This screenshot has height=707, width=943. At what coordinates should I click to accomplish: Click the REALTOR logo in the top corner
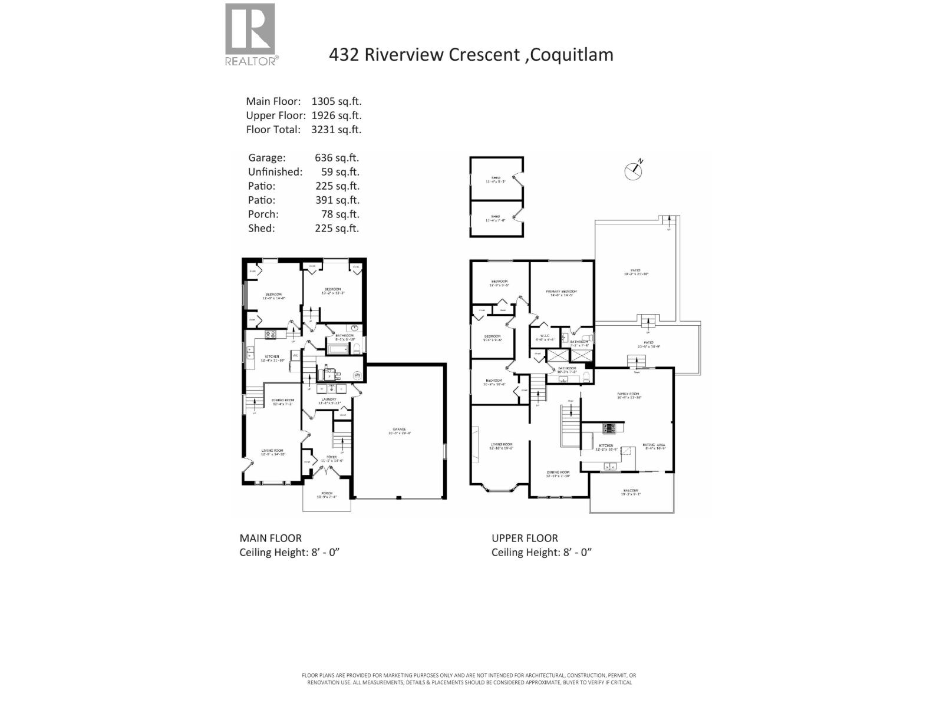250,34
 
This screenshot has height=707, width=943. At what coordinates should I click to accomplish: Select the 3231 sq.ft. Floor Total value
336,130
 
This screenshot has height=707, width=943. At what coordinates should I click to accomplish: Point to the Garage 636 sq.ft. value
337,158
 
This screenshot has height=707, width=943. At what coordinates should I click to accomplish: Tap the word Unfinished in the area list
275,172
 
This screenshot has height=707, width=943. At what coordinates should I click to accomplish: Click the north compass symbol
634,170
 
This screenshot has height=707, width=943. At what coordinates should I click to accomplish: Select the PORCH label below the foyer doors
327,493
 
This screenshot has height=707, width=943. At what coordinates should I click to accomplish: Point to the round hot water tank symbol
357,375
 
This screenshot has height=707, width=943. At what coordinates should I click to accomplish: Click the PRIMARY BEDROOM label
560,292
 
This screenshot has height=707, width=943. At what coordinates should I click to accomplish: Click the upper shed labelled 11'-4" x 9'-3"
496,179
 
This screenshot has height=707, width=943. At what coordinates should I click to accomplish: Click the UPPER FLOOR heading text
525,538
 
